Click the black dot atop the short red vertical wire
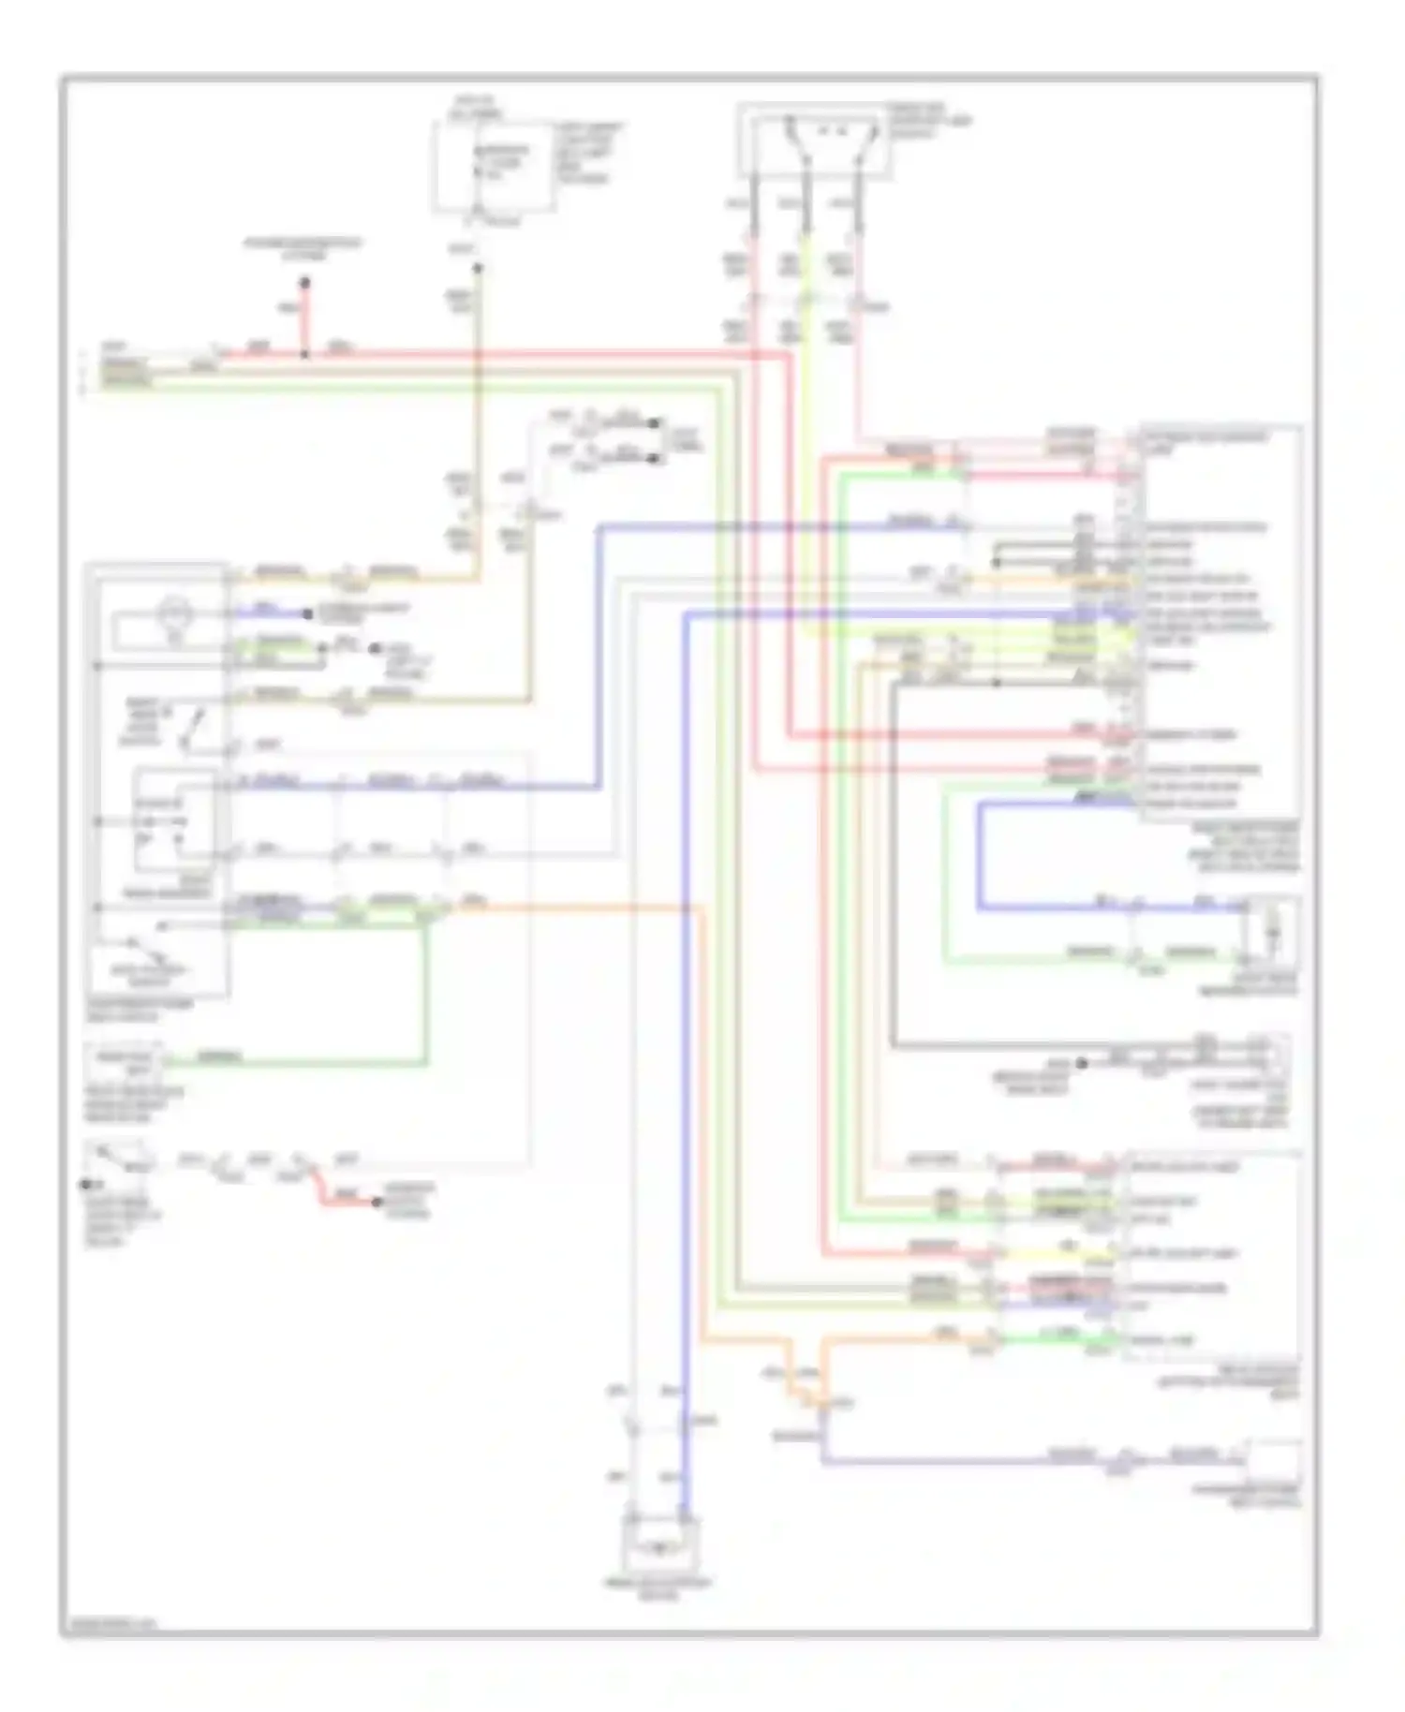tap(304, 282)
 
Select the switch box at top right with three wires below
tap(814, 140)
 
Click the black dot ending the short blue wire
tap(307, 614)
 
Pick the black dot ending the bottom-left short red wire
tap(377, 1202)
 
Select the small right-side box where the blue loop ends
tap(1271, 933)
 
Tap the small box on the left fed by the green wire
tap(125, 1062)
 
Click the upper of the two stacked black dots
tap(655, 423)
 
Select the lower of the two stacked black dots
tap(655, 459)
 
